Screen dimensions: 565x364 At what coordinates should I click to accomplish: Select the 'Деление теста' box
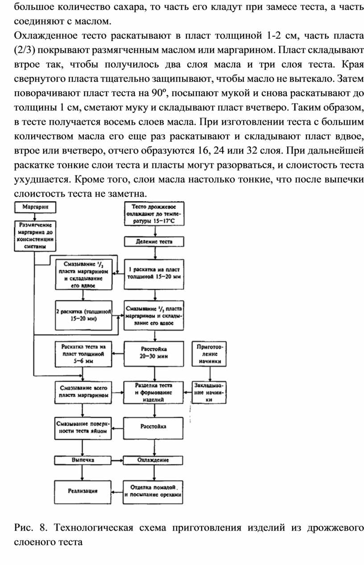pos(154,241)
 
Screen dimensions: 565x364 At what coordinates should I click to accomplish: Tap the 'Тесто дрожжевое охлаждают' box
pos(154,213)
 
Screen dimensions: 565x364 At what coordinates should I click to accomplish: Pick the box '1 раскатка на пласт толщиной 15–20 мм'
pos(154,272)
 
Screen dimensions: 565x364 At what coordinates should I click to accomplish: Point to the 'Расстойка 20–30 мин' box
pos(154,354)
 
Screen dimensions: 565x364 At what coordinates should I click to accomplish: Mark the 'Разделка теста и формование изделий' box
pos(154,392)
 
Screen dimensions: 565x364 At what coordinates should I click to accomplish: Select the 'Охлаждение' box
pos(154,460)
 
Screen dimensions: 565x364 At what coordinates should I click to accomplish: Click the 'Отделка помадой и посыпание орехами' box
pos(154,492)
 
